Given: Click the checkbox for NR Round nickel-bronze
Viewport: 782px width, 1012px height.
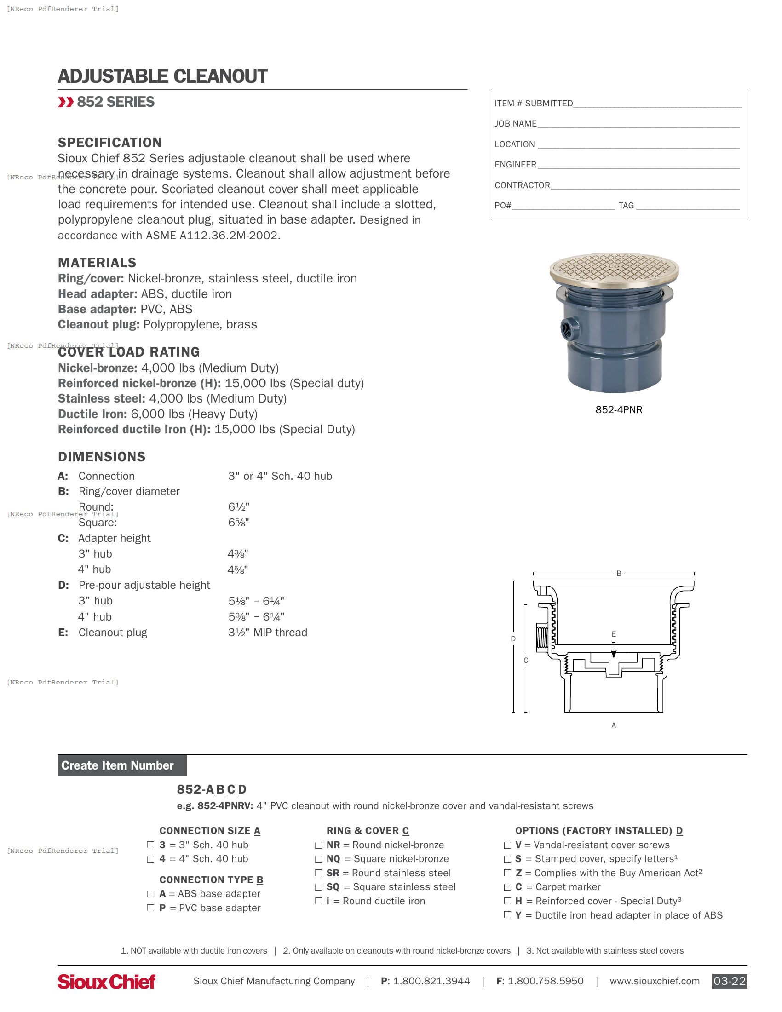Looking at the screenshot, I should coord(318,845).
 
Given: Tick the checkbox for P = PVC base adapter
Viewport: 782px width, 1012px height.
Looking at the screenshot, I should coord(150,908).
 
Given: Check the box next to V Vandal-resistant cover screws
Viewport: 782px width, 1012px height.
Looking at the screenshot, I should coord(507,845).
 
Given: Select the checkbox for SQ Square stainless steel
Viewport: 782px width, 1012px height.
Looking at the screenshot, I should coord(318,887).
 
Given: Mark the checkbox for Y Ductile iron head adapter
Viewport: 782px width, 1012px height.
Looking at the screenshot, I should coord(507,914).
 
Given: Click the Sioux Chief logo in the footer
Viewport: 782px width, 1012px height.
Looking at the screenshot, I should coord(107,981).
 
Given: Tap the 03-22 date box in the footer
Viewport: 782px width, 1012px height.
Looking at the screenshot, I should coord(729,981).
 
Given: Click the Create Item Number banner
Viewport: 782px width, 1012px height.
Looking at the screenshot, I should coord(122,765).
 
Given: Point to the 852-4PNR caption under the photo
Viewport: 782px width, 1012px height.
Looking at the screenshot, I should coord(618,409).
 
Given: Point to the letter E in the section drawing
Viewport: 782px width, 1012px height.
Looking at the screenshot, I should coord(613,634).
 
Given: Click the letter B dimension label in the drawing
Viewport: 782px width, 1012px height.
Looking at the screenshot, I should coord(618,573).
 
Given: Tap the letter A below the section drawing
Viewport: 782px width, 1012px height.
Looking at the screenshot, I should coord(613,725).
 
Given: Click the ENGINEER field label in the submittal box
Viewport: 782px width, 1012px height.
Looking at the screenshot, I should coord(515,165).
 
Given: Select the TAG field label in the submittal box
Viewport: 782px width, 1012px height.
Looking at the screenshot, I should coord(626,205).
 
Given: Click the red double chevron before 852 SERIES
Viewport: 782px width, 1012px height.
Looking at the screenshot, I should coord(66,102).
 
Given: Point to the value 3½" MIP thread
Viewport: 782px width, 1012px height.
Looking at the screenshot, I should coord(267,632).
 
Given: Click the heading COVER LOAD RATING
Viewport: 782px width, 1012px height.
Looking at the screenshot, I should coord(129,352).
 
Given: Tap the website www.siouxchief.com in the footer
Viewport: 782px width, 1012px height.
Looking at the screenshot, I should coord(654,981).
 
